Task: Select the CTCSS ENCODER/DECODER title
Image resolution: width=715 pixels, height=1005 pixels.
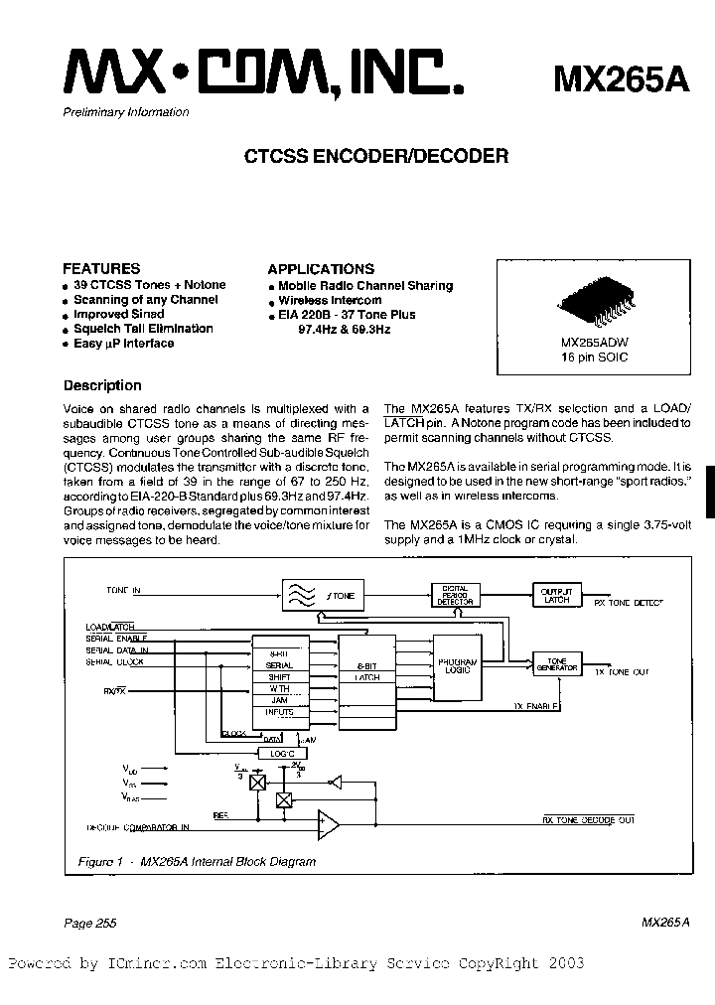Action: click(x=376, y=156)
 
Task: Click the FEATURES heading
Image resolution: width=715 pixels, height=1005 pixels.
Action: click(x=101, y=268)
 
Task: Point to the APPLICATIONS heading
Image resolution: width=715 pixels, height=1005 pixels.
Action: click(x=321, y=269)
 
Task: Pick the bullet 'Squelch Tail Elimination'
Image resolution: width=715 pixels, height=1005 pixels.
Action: click(x=143, y=329)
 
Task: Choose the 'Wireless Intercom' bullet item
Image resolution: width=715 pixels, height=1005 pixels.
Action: click(x=330, y=300)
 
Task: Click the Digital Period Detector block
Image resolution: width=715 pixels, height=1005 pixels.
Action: click(x=455, y=595)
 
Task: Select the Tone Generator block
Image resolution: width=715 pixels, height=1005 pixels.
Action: click(x=556, y=664)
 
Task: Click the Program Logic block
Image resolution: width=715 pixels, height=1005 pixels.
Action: click(x=458, y=665)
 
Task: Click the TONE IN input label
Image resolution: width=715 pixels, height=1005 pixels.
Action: click(x=124, y=591)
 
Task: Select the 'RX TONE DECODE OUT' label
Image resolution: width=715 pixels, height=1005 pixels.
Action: click(x=588, y=820)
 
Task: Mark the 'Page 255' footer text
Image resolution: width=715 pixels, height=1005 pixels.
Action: click(x=90, y=924)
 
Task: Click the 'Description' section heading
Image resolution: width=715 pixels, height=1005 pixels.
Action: click(x=102, y=386)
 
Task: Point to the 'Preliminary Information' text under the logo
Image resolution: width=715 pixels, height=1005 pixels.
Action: click(x=125, y=112)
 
